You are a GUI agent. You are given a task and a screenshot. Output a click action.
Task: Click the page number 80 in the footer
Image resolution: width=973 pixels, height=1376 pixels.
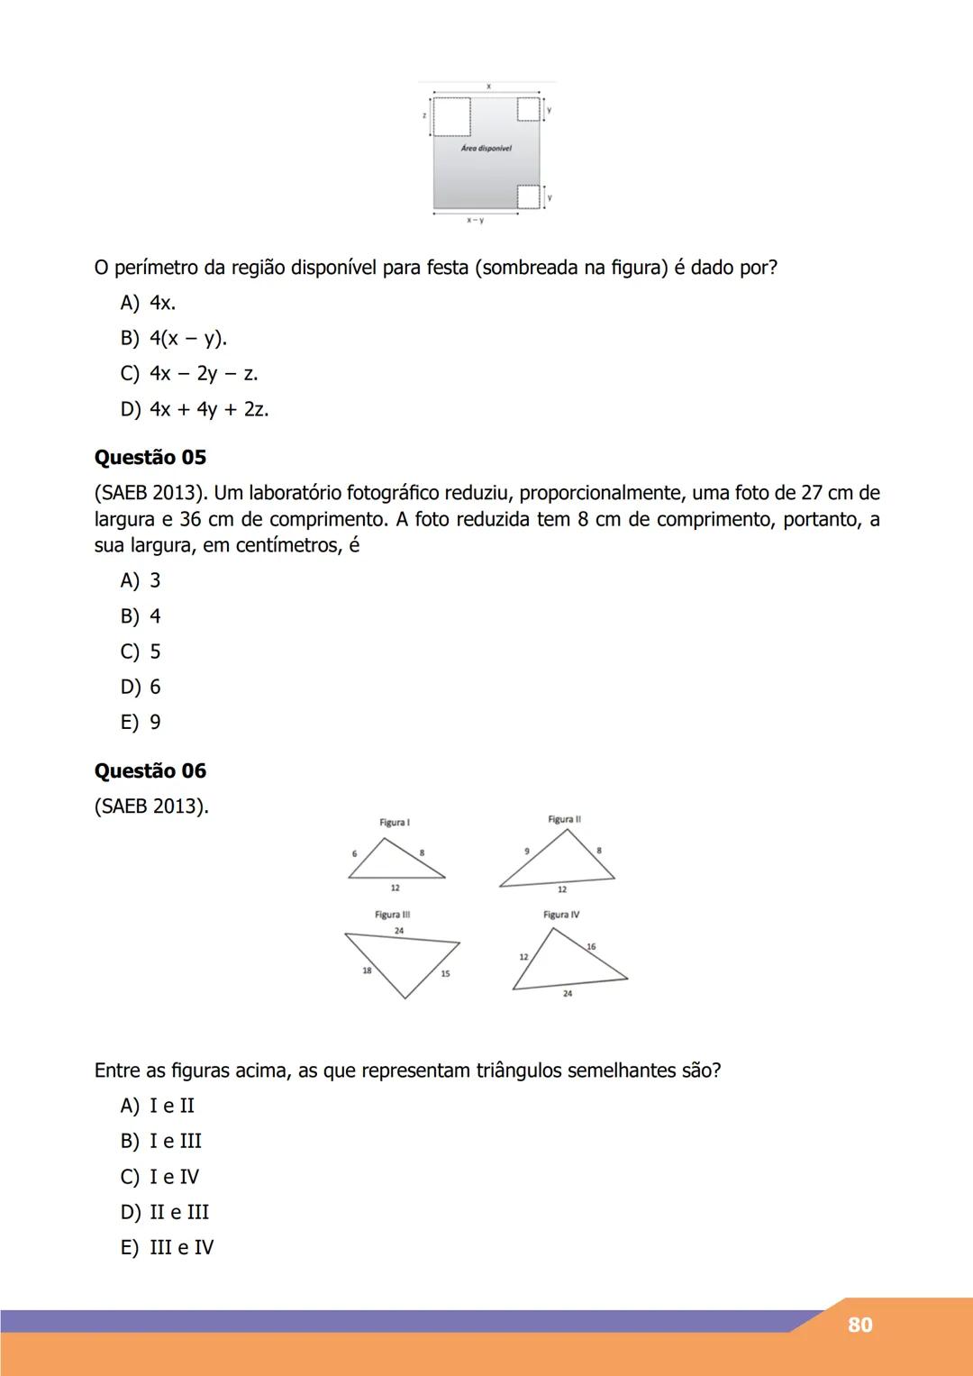pos(859,1325)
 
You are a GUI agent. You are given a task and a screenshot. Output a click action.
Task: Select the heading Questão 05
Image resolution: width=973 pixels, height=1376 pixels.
pos(150,458)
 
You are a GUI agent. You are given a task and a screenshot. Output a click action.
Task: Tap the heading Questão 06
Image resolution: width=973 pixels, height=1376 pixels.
pos(150,771)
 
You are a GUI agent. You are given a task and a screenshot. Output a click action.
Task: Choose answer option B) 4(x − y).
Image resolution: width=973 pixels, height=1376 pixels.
pos(174,338)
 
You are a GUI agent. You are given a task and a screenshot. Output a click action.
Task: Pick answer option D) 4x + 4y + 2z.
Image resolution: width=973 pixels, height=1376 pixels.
pos(195,409)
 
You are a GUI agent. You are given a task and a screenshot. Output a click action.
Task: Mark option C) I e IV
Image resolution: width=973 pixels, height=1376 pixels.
pos(160,1177)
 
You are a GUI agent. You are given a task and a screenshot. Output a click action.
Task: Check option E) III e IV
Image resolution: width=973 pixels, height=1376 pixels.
pos(168,1247)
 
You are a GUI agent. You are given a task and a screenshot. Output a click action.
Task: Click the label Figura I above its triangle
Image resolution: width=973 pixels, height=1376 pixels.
pos(395,823)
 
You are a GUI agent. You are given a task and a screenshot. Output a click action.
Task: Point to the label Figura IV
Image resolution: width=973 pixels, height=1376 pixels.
pos(561,915)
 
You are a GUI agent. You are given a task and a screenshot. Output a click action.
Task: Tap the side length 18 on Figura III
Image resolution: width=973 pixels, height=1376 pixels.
pos(367,970)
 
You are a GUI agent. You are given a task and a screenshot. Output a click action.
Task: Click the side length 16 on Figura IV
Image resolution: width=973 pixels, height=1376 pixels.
pos(591,947)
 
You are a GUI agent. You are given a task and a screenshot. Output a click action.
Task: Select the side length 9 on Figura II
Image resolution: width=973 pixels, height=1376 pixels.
pos(527,852)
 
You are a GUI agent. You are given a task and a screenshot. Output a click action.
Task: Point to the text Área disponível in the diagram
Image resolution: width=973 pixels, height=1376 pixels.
pos(486,149)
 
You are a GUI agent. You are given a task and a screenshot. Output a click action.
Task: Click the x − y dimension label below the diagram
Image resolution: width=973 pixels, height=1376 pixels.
pos(475,221)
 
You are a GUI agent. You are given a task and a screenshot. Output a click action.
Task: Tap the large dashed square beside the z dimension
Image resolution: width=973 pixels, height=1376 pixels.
pos(451,116)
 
